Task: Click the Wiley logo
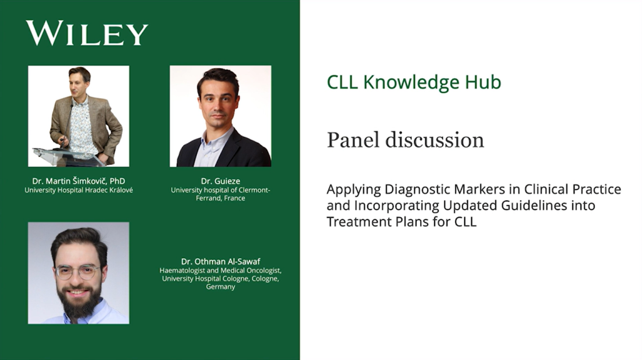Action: (87, 33)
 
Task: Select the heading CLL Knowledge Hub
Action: (414, 82)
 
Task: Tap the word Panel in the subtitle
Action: (354, 140)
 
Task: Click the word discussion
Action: (435, 140)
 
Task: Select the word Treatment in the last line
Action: (359, 221)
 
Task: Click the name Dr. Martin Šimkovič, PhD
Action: (78, 181)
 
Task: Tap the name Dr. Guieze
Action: (220, 181)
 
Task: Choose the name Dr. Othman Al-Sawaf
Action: (221, 262)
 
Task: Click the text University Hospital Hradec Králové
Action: (78, 190)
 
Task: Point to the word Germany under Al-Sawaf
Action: (220, 287)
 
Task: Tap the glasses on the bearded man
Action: (77, 272)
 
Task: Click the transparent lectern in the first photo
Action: (68, 157)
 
